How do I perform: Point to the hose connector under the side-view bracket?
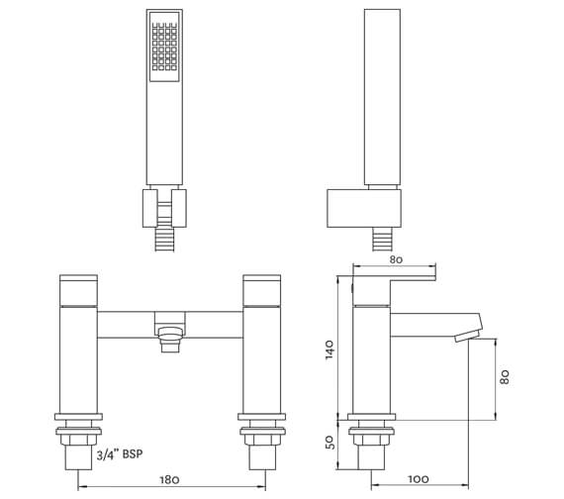381,238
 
